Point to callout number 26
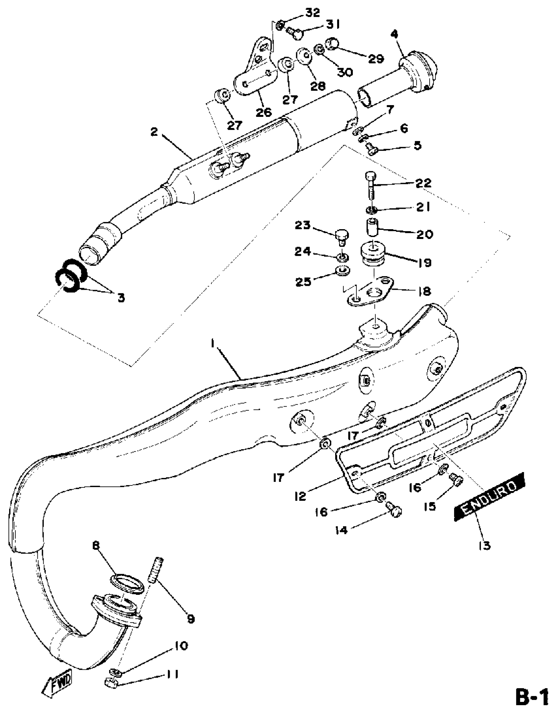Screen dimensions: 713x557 (x=264, y=112)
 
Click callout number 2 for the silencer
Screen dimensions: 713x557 (x=154, y=132)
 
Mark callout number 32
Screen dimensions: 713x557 (x=312, y=13)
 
